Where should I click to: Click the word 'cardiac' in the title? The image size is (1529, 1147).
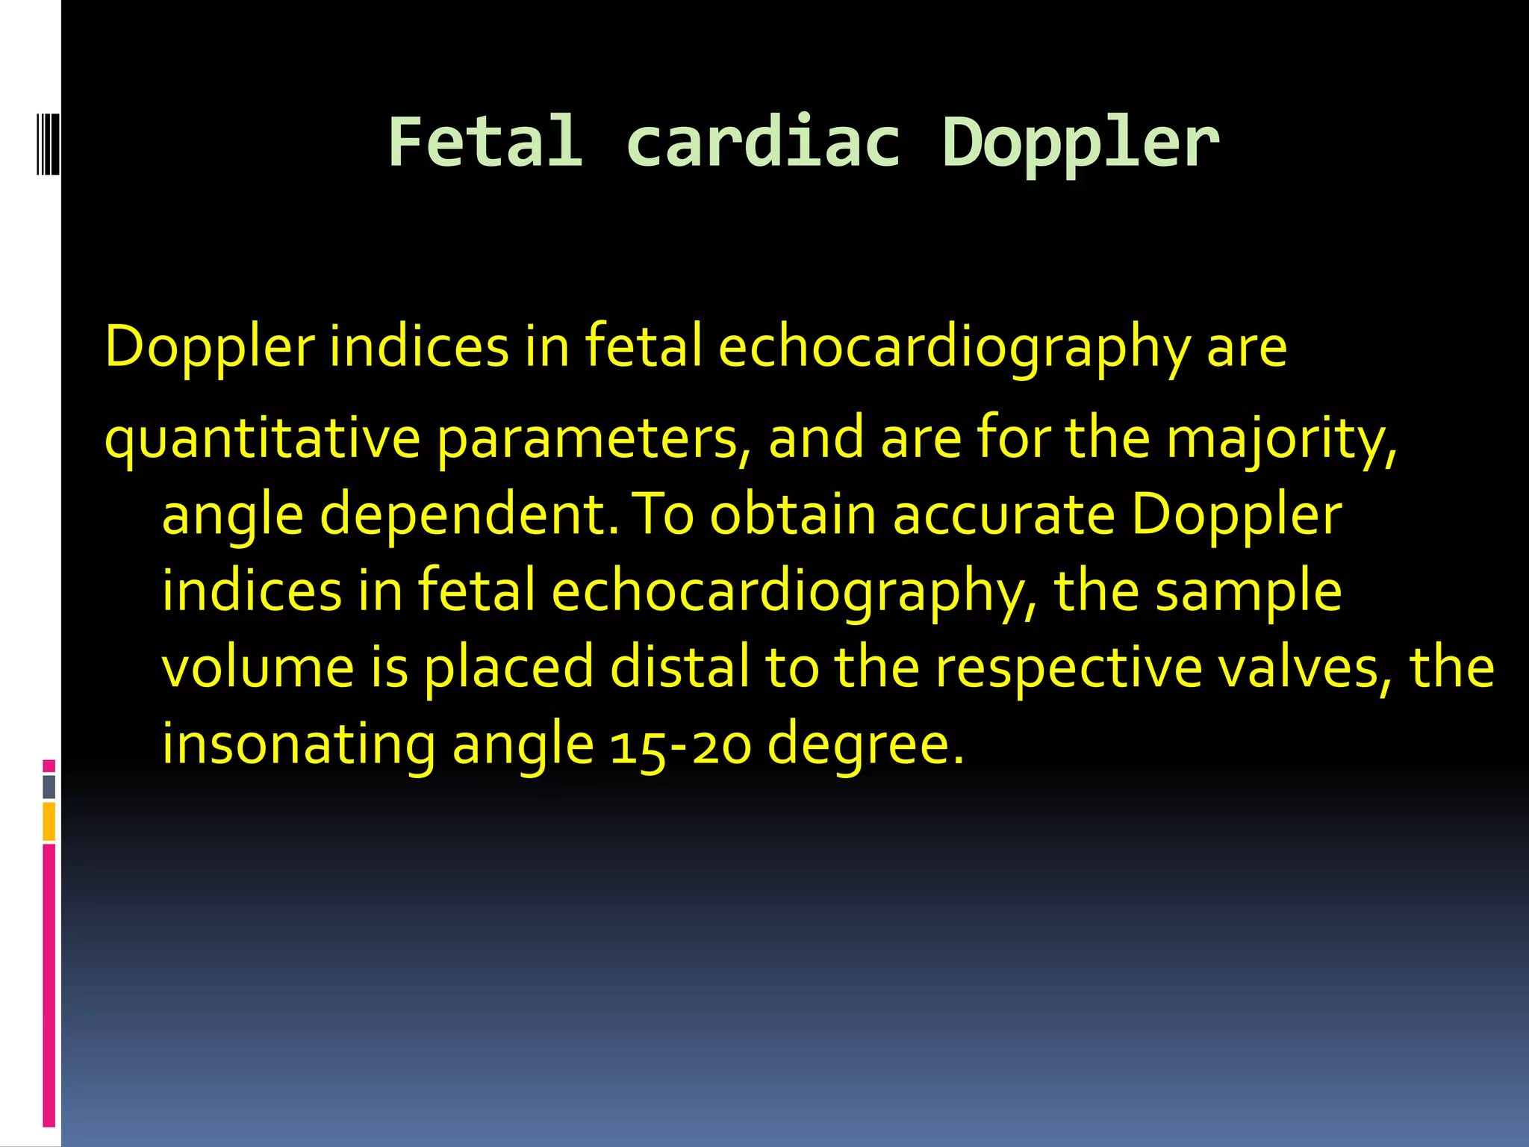point(762,142)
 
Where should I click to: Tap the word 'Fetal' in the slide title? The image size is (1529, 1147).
point(485,142)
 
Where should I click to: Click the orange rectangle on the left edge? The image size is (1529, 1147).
point(49,821)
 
